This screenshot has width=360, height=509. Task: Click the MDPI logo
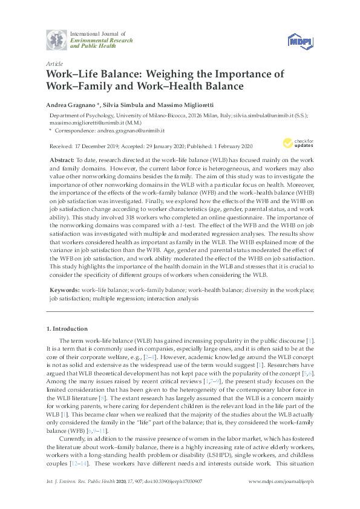click(x=300, y=41)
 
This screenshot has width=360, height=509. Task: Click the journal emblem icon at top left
click(x=57, y=41)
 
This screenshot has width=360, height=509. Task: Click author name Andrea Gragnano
click(x=70, y=103)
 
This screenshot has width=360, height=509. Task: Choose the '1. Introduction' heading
click(x=70, y=329)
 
